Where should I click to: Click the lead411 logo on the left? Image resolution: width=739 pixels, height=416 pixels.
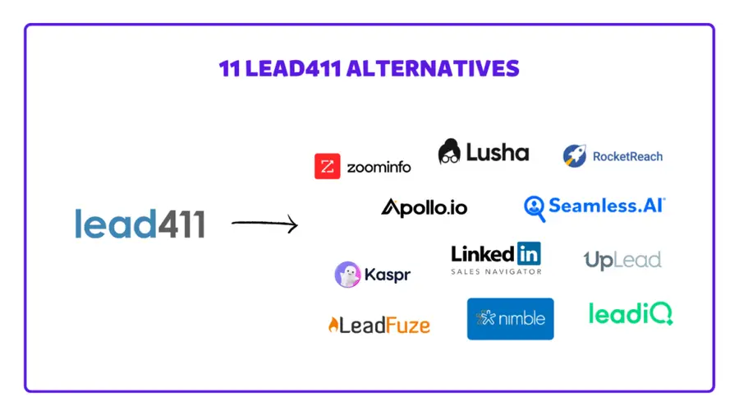(x=140, y=223)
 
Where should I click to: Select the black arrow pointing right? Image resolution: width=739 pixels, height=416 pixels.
(x=264, y=223)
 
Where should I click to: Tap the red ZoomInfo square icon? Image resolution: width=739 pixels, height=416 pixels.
(x=327, y=166)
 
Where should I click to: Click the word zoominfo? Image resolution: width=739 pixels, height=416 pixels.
(x=378, y=167)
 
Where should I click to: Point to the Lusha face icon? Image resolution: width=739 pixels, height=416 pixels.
(x=449, y=151)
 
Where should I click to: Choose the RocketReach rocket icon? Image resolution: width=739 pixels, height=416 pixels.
(x=574, y=155)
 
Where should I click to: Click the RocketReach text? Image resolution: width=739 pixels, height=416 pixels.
(x=627, y=156)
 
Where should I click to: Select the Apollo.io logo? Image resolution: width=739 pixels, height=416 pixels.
(x=424, y=207)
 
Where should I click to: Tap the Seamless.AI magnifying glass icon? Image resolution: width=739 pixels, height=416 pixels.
(x=535, y=208)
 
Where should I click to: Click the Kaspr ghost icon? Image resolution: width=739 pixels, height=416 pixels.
(x=347, y=275)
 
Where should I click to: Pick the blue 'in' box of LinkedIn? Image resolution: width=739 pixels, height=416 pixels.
(x=529, y=253)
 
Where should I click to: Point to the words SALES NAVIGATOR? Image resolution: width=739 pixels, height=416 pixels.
(x=496, y=271)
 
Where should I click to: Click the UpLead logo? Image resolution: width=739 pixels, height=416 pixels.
(x=622, y=261)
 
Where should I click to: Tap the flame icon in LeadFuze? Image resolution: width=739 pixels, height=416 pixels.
(x=333, y=325)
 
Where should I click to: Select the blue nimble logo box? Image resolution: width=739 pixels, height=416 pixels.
(x=510, y=318)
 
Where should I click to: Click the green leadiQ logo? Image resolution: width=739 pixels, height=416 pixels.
(x=631, y=313)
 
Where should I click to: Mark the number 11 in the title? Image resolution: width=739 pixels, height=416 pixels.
(x=228, y=68)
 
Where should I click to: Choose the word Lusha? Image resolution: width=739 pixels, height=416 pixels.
(x=498, y=152)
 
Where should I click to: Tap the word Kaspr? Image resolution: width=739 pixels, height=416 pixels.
(x=388, y=275)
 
